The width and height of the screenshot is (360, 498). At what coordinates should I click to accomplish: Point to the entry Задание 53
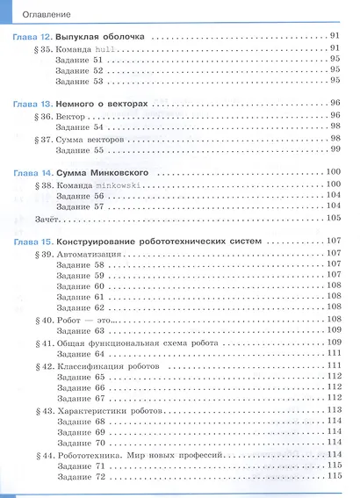[85, 81]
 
